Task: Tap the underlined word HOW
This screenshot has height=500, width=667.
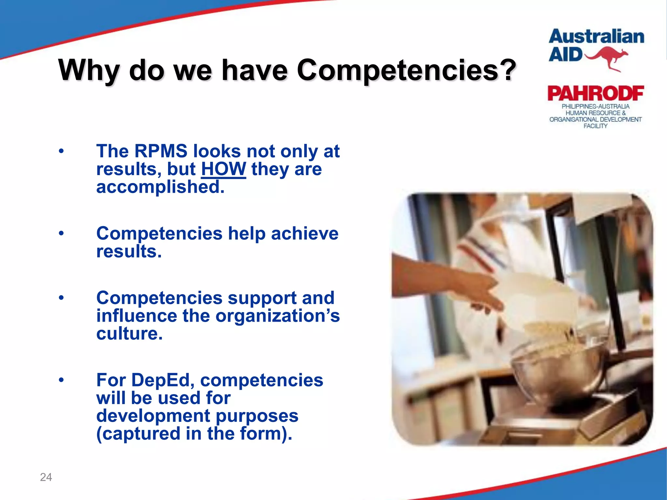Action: click(223, 169)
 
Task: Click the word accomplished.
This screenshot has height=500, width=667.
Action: click(161, 187)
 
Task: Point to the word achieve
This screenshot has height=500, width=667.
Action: click(305, 233)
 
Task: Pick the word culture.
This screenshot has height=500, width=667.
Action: click(129, 334)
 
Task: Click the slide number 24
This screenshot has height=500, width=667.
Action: click(46, 477)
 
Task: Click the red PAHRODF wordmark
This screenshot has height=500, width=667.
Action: click(596, 93)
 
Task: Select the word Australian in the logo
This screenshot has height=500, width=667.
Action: click(596, 36)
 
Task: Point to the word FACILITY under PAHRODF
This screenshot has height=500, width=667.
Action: click(595, 126)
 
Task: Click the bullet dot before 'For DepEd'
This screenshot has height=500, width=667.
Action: click(61, 380)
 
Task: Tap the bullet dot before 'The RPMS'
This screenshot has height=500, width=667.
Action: click(61, 151)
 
